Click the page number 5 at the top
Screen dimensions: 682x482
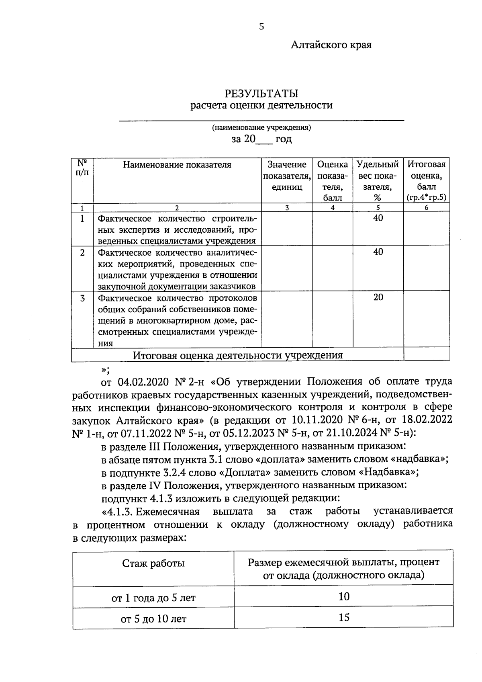(261, 27)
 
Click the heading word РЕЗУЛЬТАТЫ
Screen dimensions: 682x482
(261, 94)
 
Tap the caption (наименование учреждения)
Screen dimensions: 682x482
(261, 128)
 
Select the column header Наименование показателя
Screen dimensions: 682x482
(177, 165)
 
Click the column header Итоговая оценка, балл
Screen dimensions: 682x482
(426, 180)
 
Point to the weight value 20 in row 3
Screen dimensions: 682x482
(378, 297)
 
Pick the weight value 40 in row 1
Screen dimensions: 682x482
(378, 218)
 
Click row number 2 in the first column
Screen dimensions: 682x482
(82, 253)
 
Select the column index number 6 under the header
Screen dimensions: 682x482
(426, 208)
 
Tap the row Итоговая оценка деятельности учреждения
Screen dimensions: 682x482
(238, 355)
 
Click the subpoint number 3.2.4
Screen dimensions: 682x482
(165, 472)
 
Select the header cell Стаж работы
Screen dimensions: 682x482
(153, 563)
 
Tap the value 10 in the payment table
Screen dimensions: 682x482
(344, 596)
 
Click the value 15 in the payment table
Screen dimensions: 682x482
(344, 617)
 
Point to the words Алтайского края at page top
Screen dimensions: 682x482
(331, 45)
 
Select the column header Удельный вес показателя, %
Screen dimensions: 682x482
(378, 180)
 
